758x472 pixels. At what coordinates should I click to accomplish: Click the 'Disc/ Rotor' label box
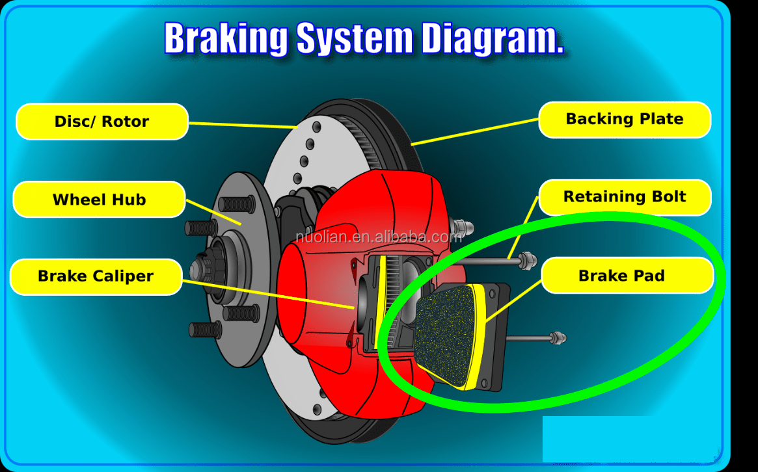point(102,122)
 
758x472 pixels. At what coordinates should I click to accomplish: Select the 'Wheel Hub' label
point(99,200)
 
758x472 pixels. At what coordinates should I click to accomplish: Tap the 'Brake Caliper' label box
point(96,276)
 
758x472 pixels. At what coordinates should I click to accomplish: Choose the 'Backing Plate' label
point(625,120)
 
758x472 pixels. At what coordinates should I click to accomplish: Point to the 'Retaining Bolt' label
point(625,197)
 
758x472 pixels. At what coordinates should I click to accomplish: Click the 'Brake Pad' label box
point(621,276)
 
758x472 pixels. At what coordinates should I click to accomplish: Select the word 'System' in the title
point(354,39)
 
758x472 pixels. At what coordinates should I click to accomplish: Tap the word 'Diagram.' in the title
point(492,39)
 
